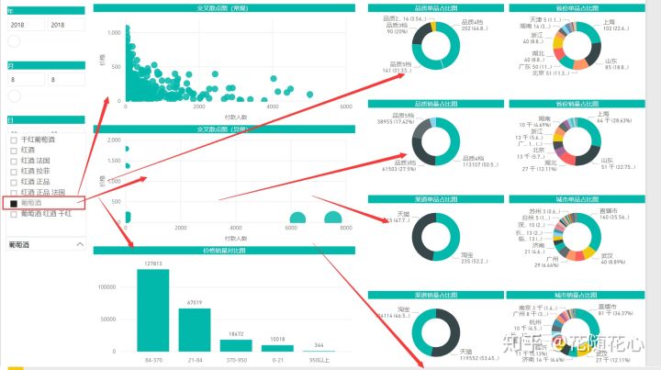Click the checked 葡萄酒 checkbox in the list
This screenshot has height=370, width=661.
coord(13,203)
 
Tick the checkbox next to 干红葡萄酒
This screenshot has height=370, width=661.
coord(13,140)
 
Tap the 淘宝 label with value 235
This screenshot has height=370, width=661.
coord(465,255)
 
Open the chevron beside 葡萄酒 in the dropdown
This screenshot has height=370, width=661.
coord(80,244)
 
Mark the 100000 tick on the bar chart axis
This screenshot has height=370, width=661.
coord(109,286)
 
